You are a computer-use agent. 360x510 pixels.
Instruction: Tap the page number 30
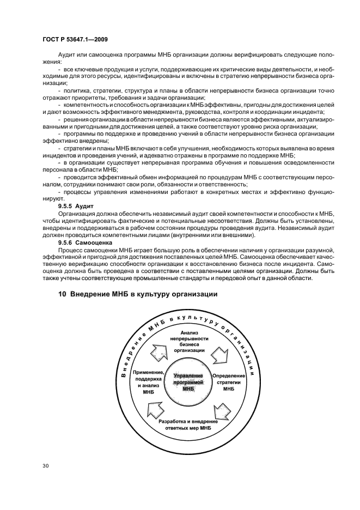(x=46, y=466)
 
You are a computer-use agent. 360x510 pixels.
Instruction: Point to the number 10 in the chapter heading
(x=62, y=294)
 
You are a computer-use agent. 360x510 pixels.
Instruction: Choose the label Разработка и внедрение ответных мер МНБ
(x=188, y=425)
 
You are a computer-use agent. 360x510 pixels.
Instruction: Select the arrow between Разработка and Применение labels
(x=155, y=409)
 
